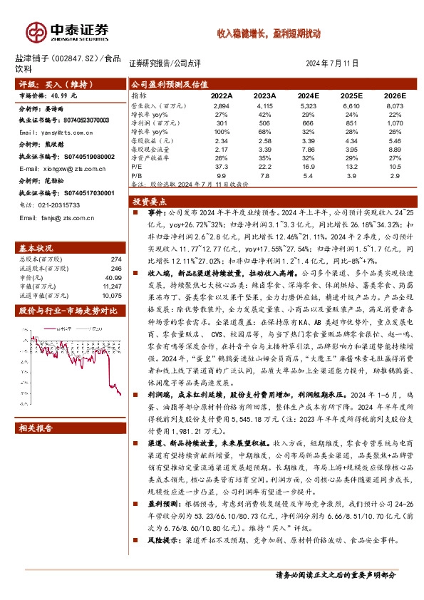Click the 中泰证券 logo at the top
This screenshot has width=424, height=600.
pos(68,31)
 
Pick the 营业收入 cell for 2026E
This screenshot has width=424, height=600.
pos(395,105)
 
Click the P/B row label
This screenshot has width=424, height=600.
pos(138,175)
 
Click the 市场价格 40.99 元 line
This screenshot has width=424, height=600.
pos(48,95)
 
